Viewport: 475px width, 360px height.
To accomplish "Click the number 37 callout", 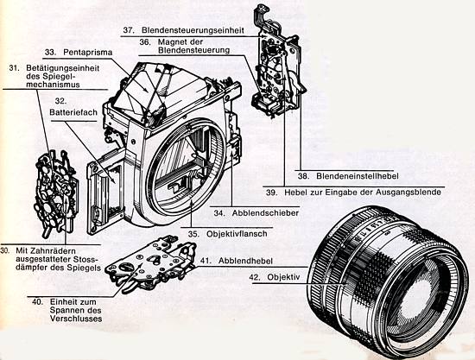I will click(x=127, y=31).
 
